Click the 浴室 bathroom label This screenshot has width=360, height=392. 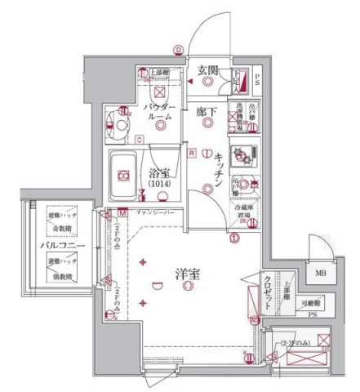coord(159,172)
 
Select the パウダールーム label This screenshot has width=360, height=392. coord(159,112)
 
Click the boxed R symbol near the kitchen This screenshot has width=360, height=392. coord(192,152)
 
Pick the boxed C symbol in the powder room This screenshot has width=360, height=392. coord(140,140)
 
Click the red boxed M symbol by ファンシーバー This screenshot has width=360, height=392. coord(121,213)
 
